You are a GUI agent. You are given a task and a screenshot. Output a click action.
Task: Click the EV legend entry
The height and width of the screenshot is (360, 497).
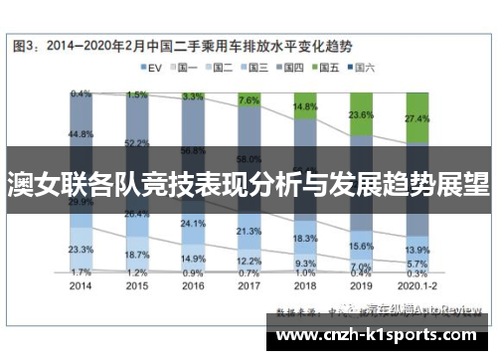pos(152,68)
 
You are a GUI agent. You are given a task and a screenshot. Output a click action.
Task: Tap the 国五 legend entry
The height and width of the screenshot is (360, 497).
pos(327,68)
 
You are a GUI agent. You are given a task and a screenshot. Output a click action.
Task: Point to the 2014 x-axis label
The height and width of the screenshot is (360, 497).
pos(81,283)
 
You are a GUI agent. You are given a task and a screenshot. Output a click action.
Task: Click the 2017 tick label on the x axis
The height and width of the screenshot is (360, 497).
pos(249,283)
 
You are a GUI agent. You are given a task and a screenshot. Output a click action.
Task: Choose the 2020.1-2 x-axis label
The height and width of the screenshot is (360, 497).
pos(416,283)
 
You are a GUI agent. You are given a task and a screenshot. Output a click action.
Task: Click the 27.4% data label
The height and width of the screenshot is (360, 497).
pos(417,118)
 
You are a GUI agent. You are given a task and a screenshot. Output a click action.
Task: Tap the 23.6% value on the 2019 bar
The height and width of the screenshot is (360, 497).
pos(362,115)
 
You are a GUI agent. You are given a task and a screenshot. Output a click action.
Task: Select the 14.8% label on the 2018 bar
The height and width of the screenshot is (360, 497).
pos(306,106)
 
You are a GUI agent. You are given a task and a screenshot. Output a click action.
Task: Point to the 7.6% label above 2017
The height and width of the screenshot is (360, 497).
pos(249,100)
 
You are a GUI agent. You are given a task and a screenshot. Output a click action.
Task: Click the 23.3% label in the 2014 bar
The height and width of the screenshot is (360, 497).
pos(81,250)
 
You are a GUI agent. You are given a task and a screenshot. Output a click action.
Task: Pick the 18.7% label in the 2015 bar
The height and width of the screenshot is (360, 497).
pos(137,255)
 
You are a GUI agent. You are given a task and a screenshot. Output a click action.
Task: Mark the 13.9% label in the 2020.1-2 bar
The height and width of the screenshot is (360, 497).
pos(417,250)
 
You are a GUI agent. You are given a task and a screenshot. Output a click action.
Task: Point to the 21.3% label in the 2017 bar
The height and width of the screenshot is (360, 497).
pos(249,232)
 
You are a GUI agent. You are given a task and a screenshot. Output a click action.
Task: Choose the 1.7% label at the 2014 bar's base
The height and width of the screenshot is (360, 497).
pos(81,270)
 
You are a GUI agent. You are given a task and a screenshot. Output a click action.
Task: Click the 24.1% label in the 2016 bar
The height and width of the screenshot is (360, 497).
pos(193,224)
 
